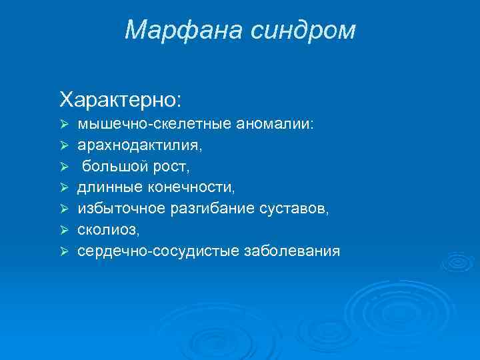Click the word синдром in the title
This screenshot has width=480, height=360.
pyautogui.click(x=305, y=29)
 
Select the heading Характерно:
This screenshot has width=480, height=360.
pyautogui.click(x=119, y=99)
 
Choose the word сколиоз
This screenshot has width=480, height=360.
pyautogui.click(x=107, y=231)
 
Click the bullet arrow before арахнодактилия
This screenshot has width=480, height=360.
pyautogui.click(x=65, y=145)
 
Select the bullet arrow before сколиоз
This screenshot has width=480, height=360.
pyautogui.click(x=65, y=231)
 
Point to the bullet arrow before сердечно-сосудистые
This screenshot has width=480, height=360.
pyautogui.click(x=65, y=252)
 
